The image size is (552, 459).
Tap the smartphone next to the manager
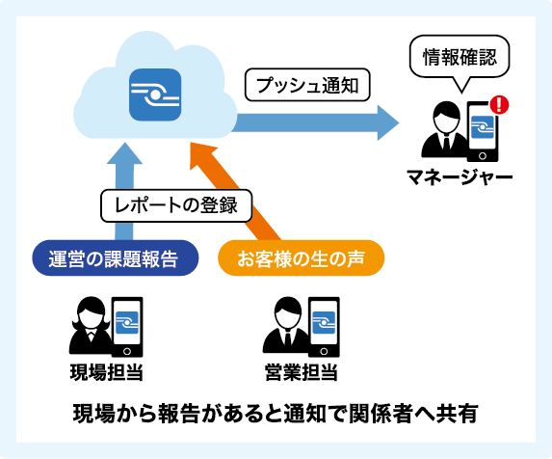[483, 131]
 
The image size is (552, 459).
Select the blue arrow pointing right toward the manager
[318, 121]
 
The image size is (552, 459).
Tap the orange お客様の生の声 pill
[301, 257]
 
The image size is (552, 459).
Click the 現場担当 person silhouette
[89, 326]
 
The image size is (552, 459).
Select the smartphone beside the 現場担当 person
[127, 324]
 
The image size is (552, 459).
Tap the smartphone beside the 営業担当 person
[321, 324]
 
